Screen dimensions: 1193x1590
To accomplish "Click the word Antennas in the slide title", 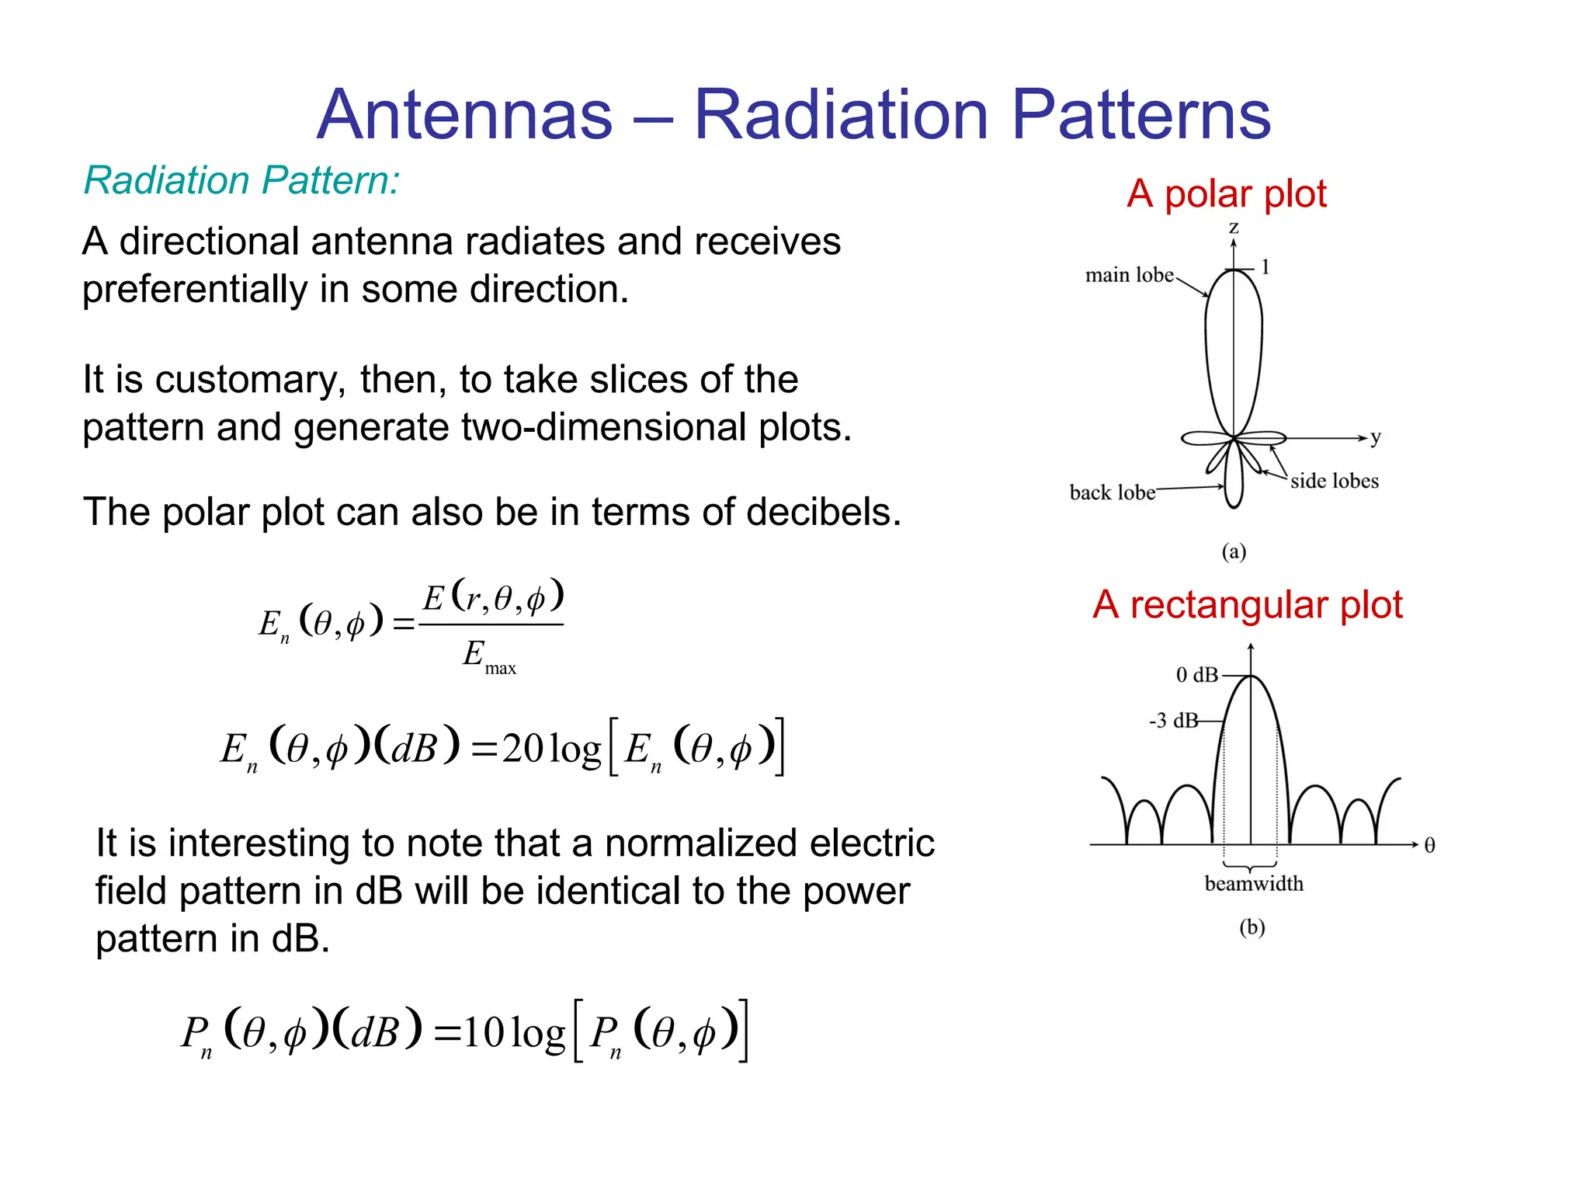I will (464, 115).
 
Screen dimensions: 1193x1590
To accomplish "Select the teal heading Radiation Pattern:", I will (241, 180).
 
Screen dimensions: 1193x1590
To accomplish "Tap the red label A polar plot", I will (1226, 193).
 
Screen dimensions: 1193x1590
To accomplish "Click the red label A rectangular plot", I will (1247, 604).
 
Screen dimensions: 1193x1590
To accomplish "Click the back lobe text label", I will (1112, 492).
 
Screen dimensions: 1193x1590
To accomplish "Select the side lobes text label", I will (1334, 481).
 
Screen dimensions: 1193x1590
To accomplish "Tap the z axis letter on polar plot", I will (1233, 228).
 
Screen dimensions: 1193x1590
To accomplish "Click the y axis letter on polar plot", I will (1375, 437).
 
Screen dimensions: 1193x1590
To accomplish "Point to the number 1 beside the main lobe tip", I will (1265, 267).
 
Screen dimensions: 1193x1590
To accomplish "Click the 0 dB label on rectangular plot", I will (1196, 675).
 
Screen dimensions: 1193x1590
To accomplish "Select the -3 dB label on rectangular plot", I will (1173, 721).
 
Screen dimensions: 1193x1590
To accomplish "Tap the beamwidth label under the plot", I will (1253, 883).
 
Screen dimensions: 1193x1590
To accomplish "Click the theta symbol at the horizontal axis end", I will (1429, 845).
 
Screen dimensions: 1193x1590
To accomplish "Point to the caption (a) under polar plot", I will (1234, 551).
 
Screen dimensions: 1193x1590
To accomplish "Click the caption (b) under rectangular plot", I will (1252, 927).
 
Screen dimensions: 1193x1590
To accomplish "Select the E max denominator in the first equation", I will (488, 656).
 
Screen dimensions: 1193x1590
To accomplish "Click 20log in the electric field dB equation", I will (551, 749).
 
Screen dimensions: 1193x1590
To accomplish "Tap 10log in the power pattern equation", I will (515, 1033).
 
